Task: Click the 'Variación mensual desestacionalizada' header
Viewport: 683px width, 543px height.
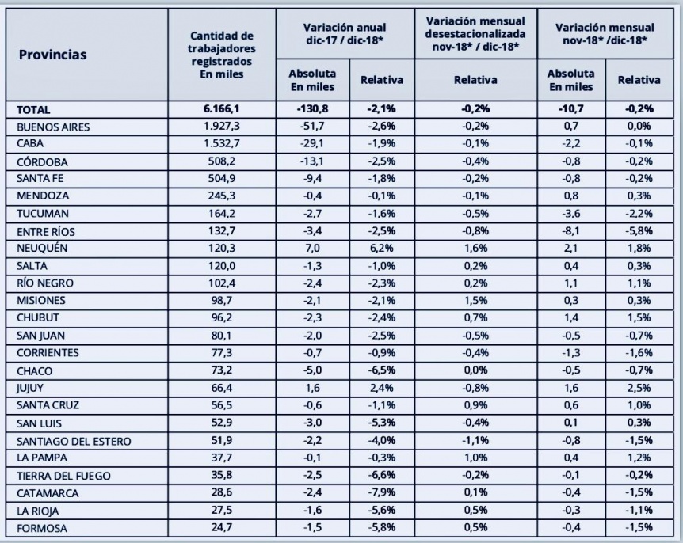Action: point(475,32)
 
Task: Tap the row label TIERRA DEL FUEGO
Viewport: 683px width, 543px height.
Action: point(58,476)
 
